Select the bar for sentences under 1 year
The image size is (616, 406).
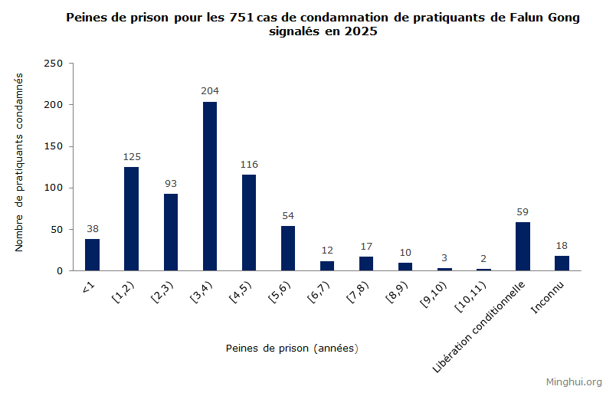point(92,255)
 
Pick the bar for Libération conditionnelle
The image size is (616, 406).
point(523,247)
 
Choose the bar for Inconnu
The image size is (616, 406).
point(562,264)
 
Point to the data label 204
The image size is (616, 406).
point(210,91)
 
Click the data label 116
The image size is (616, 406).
point(249,164)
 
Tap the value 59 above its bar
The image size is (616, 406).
point(523,211)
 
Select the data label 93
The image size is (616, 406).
point(171,183)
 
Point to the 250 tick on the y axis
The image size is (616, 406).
point(53,64)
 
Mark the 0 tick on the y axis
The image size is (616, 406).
point(59,271)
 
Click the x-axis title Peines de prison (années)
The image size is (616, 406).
point(292,348)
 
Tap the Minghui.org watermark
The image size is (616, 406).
point(573,381)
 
